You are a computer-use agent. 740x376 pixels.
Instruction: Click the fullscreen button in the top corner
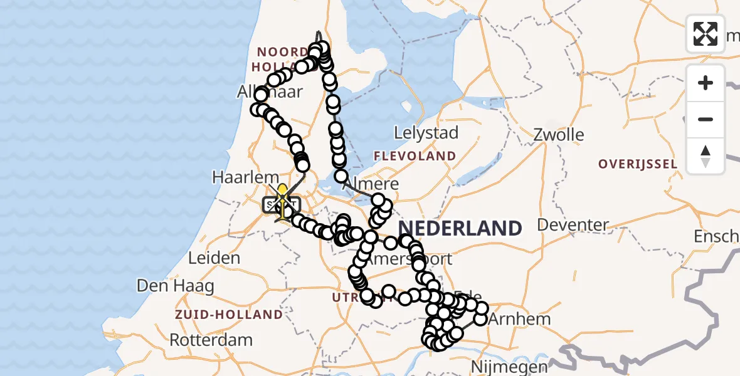(x=706, y=33)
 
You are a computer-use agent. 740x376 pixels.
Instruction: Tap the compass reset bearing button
(x=706, y=156)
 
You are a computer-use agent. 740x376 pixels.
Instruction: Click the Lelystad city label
(x=426, y=133)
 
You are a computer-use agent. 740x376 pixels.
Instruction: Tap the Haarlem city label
(x=236, y=177)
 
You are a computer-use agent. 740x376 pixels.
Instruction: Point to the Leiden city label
(x=214, y=258)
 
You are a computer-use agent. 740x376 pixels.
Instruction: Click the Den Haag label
(x=176, y=286)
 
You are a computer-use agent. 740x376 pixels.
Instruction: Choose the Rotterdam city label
(x=211, y=341)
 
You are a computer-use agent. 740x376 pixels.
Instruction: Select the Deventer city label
(x=573, y=225)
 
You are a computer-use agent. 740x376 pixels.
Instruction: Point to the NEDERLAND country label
(x=460, y=228)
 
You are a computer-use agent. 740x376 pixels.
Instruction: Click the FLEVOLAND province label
(x=415, y=156)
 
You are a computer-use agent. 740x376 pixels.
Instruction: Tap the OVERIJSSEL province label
(x=637, y=164)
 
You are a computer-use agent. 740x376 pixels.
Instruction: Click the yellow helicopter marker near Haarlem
(x=282, y=192)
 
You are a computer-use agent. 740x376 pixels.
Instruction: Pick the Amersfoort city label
(x=411, y=259)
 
